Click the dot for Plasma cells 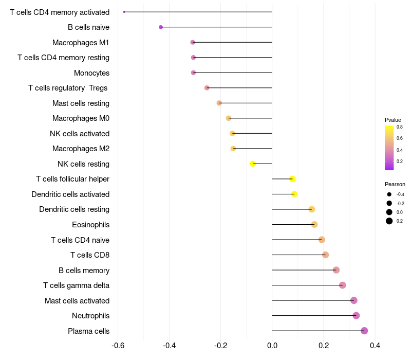point(364,331)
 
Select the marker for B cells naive point(161,27)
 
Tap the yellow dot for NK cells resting point(253,164)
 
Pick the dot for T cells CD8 point(325,255)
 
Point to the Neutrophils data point point(356,315)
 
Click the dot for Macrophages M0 point(229,118)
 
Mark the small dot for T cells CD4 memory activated point(124,12)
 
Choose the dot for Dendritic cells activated point(294,194)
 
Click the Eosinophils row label point(91,225)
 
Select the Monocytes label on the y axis point(92,73)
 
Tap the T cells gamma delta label point(76,285)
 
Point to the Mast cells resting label point(81,103)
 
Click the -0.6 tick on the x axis point(118,345)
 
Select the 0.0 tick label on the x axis point(272,345)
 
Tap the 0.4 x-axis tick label point(375,345)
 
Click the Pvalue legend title point(393,120)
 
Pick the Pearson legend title point(395,184)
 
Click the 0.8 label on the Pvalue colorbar point(400,127)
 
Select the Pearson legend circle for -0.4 point(389,194)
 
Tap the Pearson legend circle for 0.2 point(389,221)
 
